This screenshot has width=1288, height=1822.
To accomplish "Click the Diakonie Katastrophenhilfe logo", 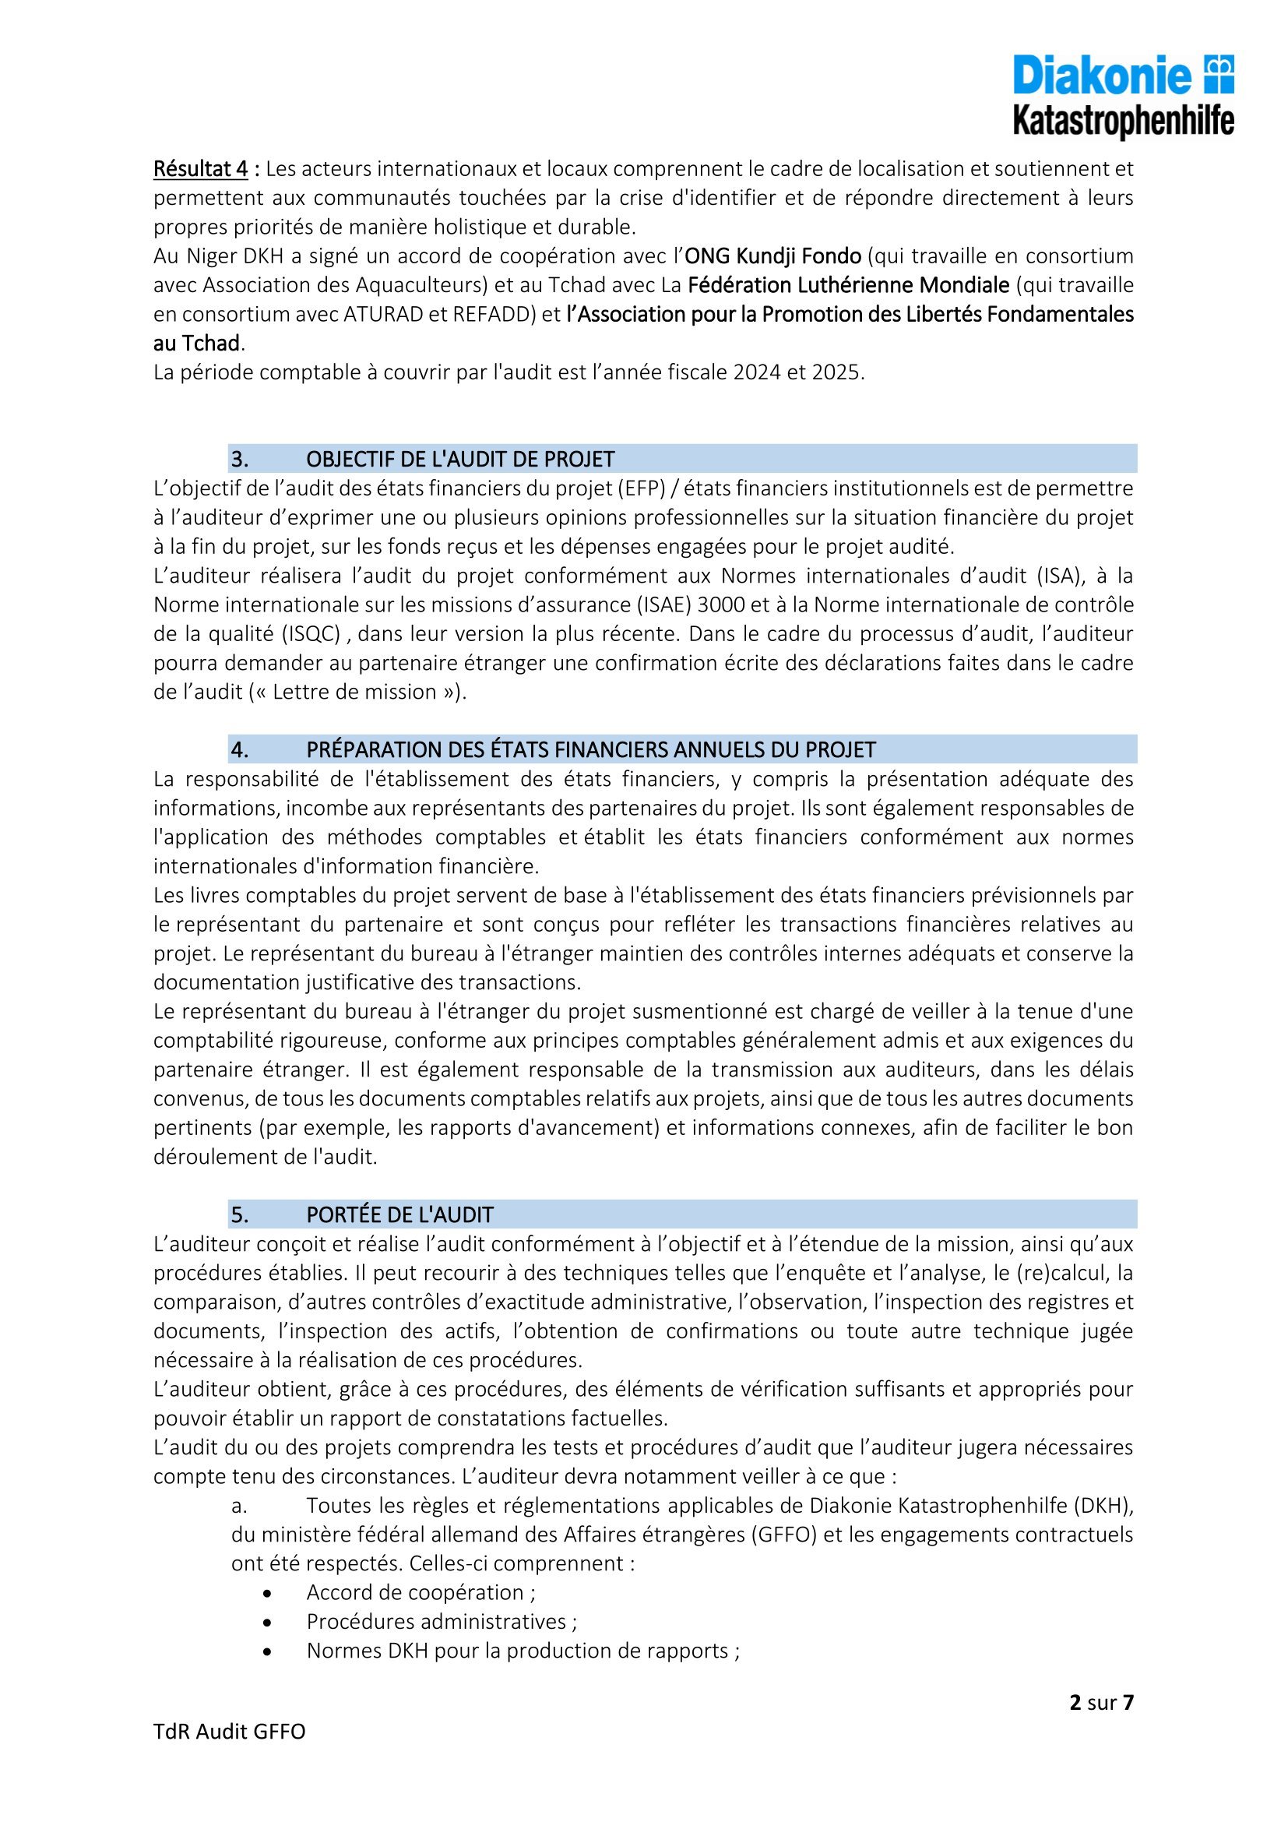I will (x=1123, y=96).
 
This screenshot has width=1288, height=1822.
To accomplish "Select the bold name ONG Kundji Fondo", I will (x=772, y=256).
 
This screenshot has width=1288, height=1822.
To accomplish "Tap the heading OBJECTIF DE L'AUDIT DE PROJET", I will (x=460, y=459).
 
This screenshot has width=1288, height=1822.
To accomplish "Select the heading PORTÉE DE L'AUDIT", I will (x=399, y=1215).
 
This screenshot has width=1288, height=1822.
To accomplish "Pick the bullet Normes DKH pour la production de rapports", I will (x=523, y=1651).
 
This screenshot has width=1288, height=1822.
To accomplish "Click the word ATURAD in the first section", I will (x=383, y=314).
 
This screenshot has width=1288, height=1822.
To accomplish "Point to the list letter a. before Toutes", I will (x=241, y=1506).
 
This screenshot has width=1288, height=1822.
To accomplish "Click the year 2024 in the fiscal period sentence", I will (x=758, y=372).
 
